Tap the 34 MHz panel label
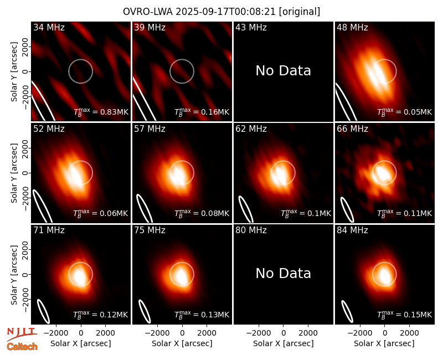tap(49, 27)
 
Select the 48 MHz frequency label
tap(352, 27)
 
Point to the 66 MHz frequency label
tap(352, 129)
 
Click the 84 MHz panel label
tap(352, 230)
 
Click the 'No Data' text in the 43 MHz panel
tap(283, 71)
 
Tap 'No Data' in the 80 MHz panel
tap(283, 274)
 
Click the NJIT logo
tap(22, 334)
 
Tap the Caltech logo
tap(22, 347)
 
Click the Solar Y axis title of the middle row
tap(14, 173)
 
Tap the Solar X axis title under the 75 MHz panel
tap(182, 343)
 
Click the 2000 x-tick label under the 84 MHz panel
tap(409, 333)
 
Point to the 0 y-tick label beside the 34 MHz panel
tap(25, 71)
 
